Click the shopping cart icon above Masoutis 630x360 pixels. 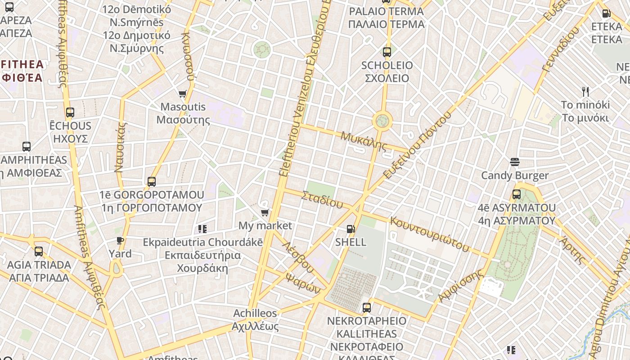[182, 94]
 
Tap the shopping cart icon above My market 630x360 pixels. [265, 212]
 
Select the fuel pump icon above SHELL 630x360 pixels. [351, 229]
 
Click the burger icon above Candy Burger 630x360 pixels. [515, 162]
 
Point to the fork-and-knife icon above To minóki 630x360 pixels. [585, 92]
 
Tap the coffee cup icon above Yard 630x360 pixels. [120, 241]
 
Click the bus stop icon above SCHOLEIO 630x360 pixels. [387, 52]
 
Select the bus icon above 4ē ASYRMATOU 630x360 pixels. [517, 195]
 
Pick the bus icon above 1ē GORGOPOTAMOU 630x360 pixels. [152, 182]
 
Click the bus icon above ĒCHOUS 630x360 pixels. [70, 112]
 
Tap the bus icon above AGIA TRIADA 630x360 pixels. [39, 252]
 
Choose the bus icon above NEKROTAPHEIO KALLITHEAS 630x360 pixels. [367, 308]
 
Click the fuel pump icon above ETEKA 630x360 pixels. [606, 13]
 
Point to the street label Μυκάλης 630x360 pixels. [364, 141]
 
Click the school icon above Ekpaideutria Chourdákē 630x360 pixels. [202, 229]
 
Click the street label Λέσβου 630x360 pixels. [297, 257]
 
